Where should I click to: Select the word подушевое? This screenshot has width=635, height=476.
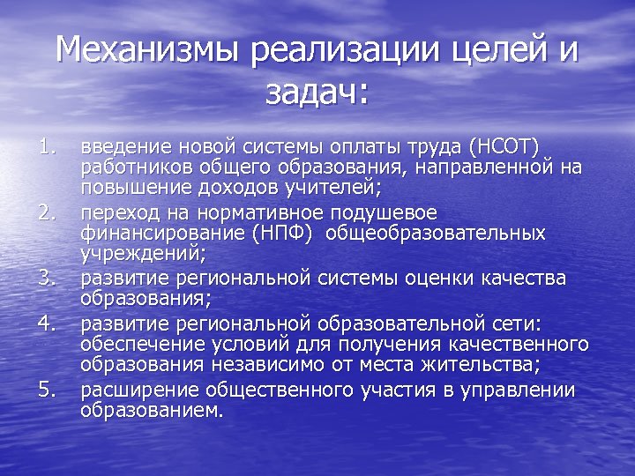pos(386,212)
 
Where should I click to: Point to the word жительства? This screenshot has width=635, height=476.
pos(513,365)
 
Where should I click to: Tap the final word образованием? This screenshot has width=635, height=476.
pos(152,410)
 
